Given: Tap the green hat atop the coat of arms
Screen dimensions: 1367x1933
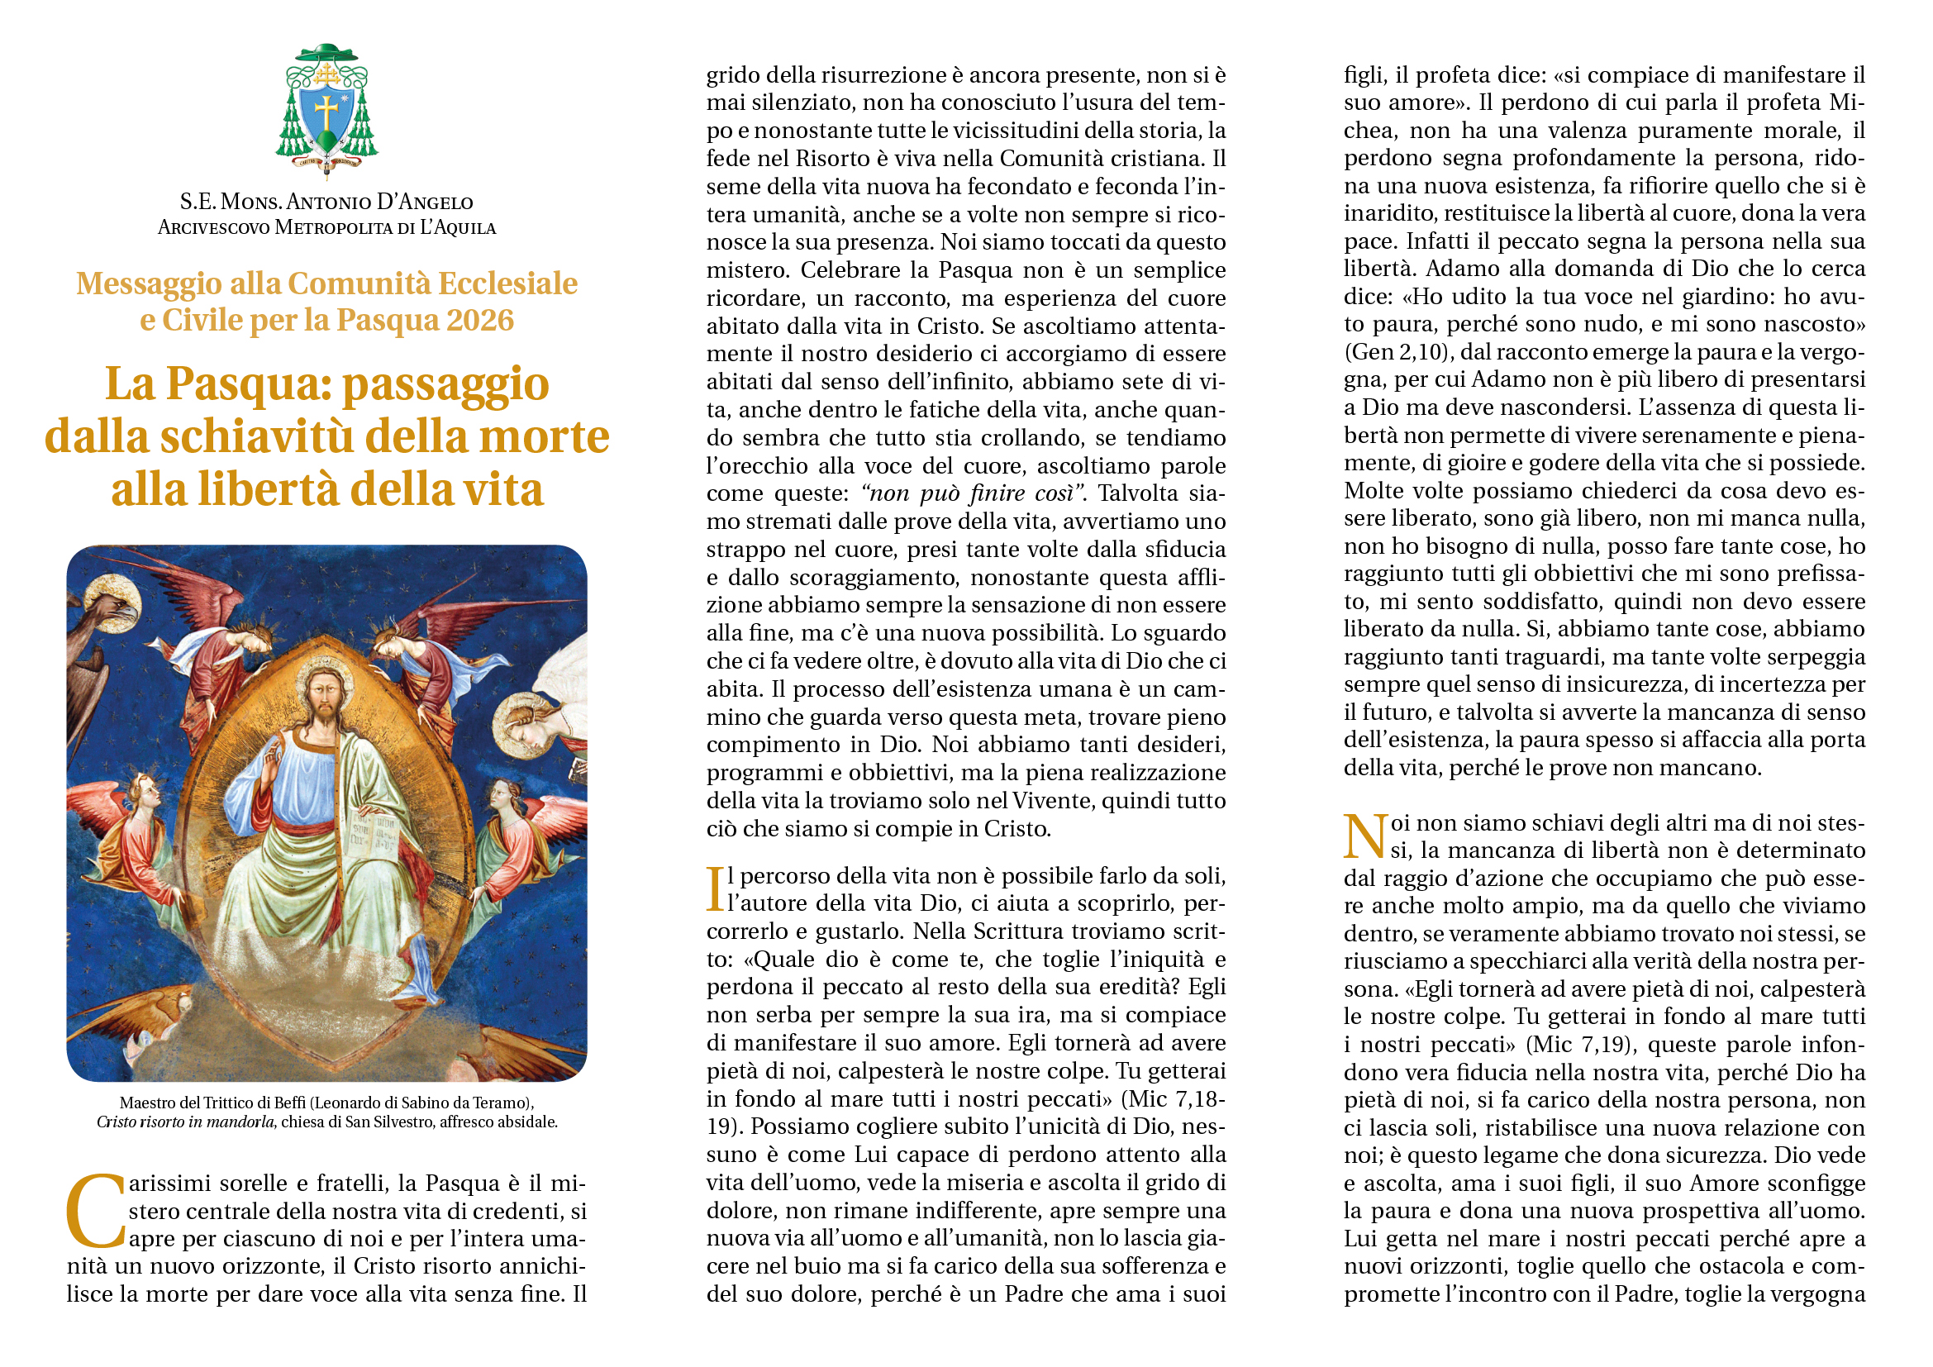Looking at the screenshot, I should click(326, 53).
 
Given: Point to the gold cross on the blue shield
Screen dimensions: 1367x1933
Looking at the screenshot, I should click(326, 111).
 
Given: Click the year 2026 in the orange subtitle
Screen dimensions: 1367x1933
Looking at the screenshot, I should click(481, 321).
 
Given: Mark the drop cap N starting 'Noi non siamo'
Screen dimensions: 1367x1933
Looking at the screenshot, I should click(1364, 836).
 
